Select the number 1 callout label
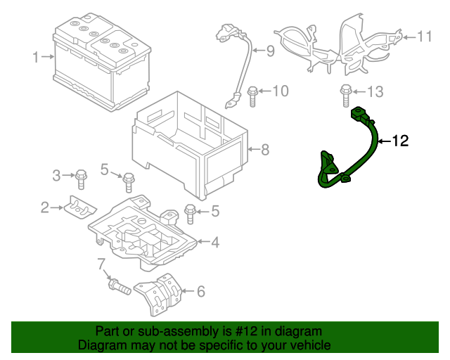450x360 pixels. (36, 57)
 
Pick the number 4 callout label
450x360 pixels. (214, 243)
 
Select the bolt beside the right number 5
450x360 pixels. (190, 211)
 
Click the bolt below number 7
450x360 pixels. (117, 286)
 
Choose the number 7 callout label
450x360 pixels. (101, 264)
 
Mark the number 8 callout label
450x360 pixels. (264, 149)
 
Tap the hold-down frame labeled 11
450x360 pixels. (337, 42)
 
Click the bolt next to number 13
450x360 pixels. (345, 94)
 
